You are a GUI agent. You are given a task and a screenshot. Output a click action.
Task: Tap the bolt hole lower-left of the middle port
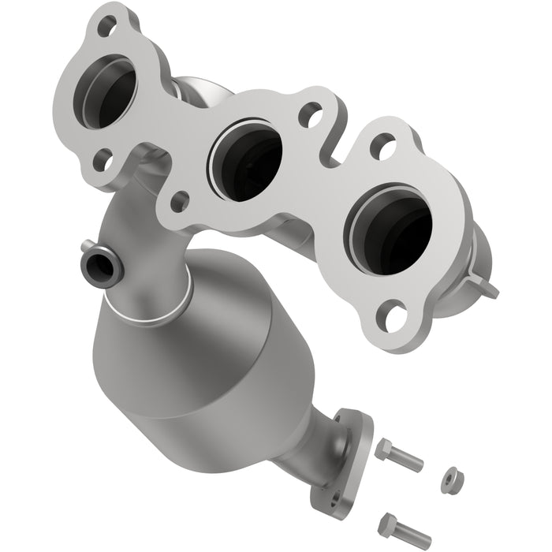point(179,200)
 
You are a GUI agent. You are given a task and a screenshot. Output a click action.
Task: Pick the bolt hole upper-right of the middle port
point(310,115)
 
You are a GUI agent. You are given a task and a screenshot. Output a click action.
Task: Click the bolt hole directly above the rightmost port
point(382,147)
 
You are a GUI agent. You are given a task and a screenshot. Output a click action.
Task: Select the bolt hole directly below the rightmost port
point(397,316)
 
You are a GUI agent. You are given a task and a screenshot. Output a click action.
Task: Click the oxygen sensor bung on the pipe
point(100,265)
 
